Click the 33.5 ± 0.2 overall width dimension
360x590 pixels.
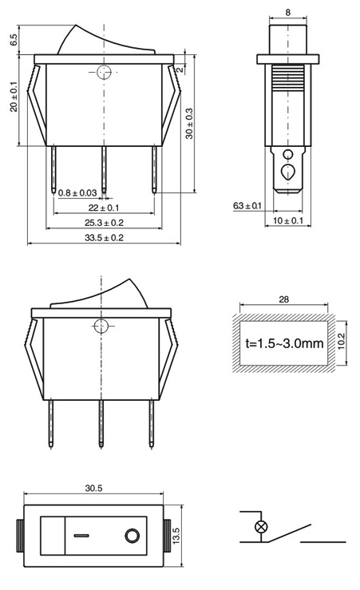pos(104,238)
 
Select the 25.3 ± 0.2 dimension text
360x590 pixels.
pos(104,223)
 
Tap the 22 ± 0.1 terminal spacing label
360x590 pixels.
pos(104,208)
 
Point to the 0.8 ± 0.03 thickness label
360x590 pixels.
pos(78,193)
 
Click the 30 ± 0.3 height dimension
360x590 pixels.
pos(189,124)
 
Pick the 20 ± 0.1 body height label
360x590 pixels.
pos(14,97)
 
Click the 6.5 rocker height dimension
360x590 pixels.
pos(14,40)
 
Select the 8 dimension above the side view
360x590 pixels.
pos(288,13)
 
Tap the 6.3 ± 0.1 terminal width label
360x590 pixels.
pos(247,206)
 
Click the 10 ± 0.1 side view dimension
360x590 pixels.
pos(288,220)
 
